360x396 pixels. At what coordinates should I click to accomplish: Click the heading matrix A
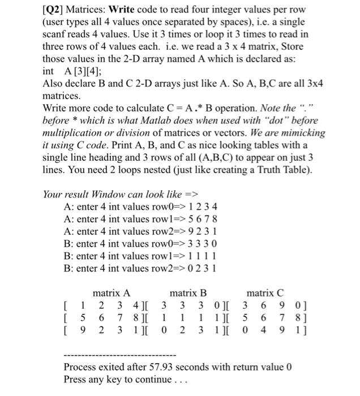(x=112, y=293)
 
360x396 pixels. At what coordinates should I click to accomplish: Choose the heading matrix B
(x=188, y=293)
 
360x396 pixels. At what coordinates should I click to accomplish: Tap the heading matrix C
(x=265, y=293)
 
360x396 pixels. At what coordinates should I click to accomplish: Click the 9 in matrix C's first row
(x=276, y=306)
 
